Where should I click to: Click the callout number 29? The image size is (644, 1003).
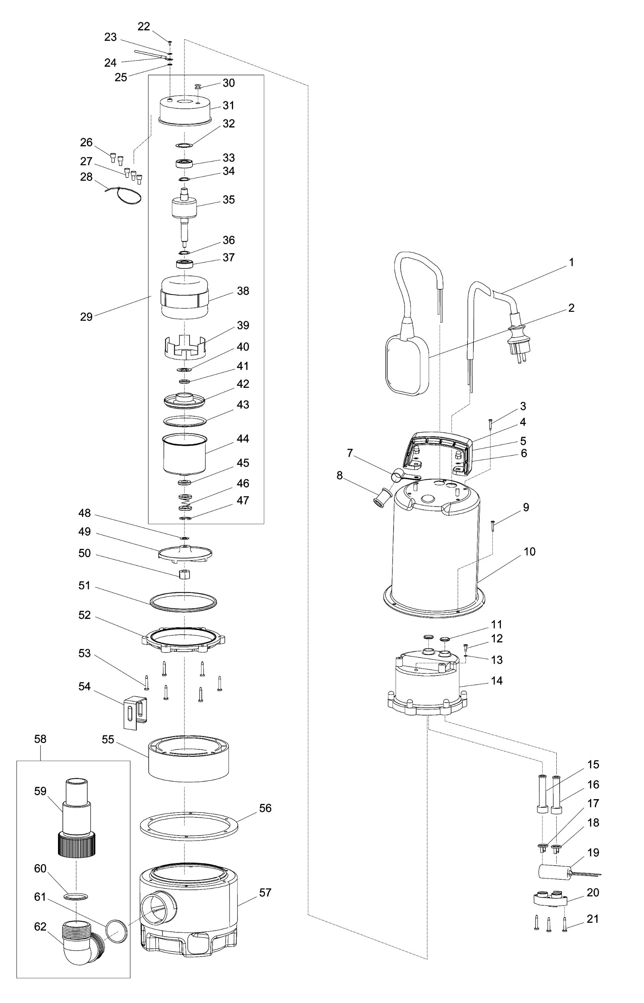coord(86,317)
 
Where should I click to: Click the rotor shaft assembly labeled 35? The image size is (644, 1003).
coord(184,216)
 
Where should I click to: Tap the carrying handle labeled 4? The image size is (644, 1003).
coord(437,449)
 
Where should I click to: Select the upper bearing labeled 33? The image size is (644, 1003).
coord(184,163)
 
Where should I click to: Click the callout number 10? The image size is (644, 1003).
coord(530,552)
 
